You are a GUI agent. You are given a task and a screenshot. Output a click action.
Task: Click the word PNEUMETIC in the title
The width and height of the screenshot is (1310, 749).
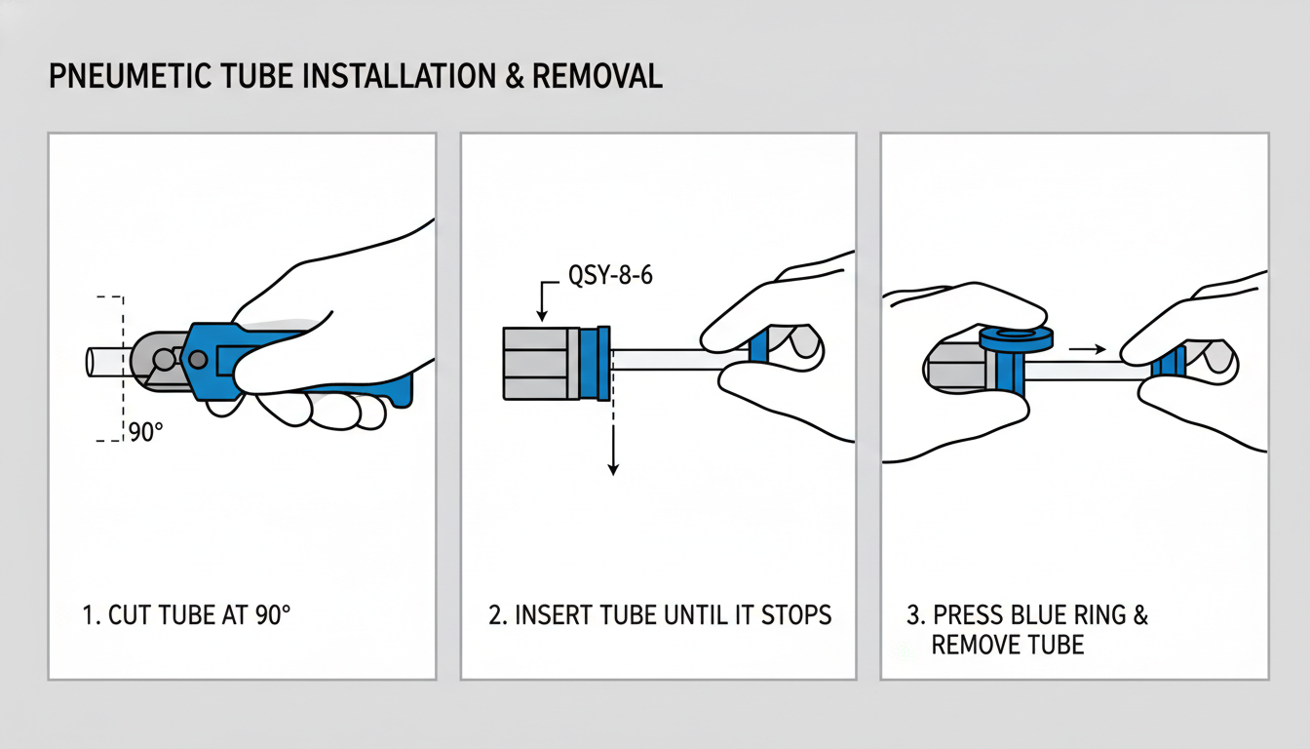(x=130, y=76)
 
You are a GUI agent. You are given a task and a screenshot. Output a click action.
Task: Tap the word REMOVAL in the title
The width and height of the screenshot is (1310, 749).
(x=597, y=76)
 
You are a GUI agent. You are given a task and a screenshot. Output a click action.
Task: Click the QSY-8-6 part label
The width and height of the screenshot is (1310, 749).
(x=610, y=275)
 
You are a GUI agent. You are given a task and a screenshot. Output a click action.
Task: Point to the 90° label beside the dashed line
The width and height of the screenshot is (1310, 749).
(x=146, y=432)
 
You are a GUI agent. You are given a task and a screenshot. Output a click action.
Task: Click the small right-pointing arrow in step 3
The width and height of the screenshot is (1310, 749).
(x=1087, y=349)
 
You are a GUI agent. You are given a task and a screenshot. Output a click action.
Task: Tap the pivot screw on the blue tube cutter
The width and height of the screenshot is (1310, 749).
(x=198, y=359)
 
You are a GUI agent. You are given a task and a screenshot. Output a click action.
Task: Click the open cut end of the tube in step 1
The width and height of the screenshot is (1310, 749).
(x=90, y=362)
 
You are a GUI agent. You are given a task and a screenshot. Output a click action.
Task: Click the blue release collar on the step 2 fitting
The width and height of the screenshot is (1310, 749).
(x=596, y=364)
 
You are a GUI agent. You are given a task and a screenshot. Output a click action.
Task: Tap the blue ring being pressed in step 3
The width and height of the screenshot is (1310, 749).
(x=1017, y=338)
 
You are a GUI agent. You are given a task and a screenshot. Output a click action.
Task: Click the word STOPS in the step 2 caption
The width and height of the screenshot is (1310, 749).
(x=796, y=615)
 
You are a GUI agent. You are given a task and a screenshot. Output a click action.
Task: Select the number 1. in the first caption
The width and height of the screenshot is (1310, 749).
(x=92, y=615)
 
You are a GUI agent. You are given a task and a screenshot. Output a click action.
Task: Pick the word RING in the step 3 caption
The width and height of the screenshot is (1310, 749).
(x=1098, y=615)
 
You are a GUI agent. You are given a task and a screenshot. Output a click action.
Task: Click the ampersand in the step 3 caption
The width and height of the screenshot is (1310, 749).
(x=1140, y=615)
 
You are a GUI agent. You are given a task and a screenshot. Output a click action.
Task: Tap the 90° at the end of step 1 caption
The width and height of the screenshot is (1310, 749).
(x=273, y=615)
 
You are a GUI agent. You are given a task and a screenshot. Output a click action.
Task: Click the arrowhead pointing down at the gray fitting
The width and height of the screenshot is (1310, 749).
(x=542, y=315)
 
